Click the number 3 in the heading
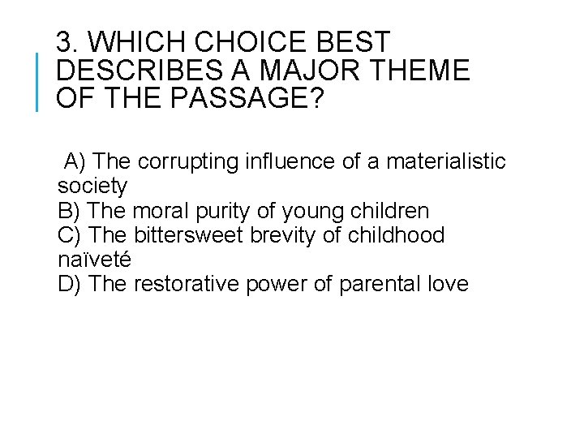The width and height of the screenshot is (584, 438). pos(67,43)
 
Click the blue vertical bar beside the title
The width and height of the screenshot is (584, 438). pos(38,80)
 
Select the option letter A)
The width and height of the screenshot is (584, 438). pos(74,161)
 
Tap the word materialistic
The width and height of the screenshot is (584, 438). pos(444,161)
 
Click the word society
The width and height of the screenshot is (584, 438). pos(92,187)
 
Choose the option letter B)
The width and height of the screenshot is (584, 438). pos(70,211)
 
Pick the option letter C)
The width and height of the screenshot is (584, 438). pos(71,235)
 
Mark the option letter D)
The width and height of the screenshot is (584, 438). pos(71,285)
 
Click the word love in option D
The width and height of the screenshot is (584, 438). pos(449,285)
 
